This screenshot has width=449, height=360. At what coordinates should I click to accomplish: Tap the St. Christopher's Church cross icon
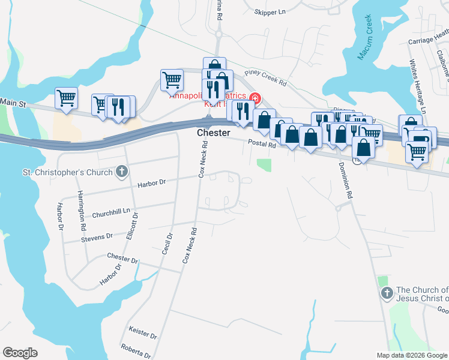tap(122, 173)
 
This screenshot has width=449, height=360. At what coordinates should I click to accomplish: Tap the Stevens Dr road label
tap(97, 238)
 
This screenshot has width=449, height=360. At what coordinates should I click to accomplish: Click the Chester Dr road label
tap(122, 258)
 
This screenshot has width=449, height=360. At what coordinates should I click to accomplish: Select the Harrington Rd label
tap(82, 211)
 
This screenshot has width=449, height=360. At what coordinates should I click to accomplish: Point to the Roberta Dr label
tap(135, 350)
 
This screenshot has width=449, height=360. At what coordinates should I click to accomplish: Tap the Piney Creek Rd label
tap(265, 75)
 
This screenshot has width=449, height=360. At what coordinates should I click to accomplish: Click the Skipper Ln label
tap(270, 12)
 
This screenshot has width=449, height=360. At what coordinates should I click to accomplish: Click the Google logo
tap(20, 352)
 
